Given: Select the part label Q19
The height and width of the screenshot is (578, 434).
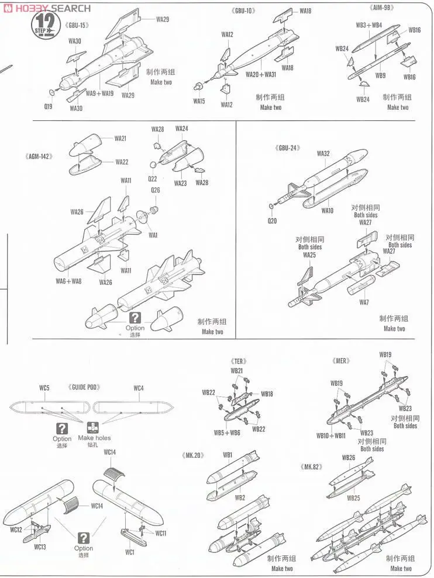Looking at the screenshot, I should [48, 106].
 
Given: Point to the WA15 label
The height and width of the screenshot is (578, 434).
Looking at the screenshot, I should [199, 101].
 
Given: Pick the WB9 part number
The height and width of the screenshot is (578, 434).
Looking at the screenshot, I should [380, 75].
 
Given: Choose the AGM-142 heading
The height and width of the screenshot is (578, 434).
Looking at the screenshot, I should [40, 156].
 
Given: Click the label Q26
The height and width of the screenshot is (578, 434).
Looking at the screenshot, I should [155, 190].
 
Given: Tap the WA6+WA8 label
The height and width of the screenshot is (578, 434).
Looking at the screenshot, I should [68, 281].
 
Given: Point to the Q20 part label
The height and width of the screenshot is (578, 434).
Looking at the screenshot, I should [273, 221].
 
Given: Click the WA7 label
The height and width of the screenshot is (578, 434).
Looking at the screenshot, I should [364, 302].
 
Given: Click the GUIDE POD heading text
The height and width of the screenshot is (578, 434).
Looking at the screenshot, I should [87, 388].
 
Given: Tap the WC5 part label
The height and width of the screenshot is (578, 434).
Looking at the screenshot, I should [44, 388].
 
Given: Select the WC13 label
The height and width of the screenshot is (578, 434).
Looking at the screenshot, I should [40, 547].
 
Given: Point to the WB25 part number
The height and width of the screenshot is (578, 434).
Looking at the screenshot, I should [353, 498].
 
